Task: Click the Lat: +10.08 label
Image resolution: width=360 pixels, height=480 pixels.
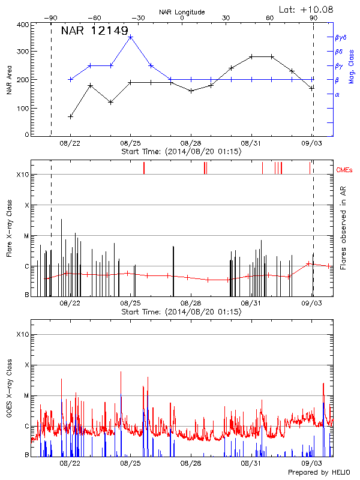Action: point(307,9)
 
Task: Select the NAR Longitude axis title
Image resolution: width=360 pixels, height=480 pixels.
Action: point(182,11)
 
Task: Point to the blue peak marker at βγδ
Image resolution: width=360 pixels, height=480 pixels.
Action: point(131,37)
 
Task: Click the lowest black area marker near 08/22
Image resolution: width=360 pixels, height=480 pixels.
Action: point(71,116)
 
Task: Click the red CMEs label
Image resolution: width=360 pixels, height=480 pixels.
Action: point(344,170)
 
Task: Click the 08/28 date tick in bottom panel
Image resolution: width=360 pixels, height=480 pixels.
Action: point(191,463)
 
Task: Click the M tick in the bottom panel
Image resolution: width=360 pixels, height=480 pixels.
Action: point(25,395)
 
